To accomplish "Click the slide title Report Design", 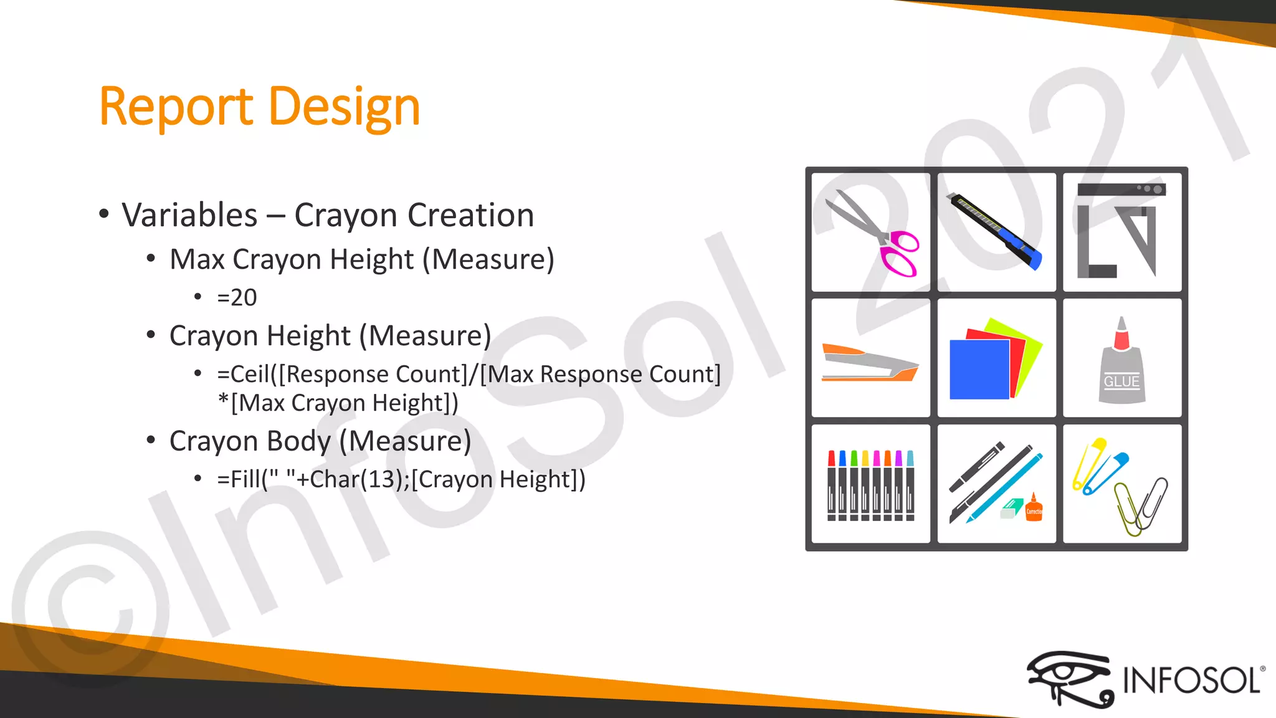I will pyautogui.click(x=259, y=107).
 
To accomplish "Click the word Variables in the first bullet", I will pyautogui.click(x=189, y=216).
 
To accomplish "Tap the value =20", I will pyautogui.click(x=237, y=298).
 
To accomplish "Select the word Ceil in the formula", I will pyautogui.click(x=250, y=375).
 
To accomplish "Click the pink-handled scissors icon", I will pyautogui.click(x=872, y=233).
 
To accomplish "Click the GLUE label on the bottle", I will pyautogui.click(x=1121, y=381).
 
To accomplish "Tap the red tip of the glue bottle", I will pyautogui.click(x=1121, y=337).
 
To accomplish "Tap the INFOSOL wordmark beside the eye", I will pyautogui.click(x=1191, y=680).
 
